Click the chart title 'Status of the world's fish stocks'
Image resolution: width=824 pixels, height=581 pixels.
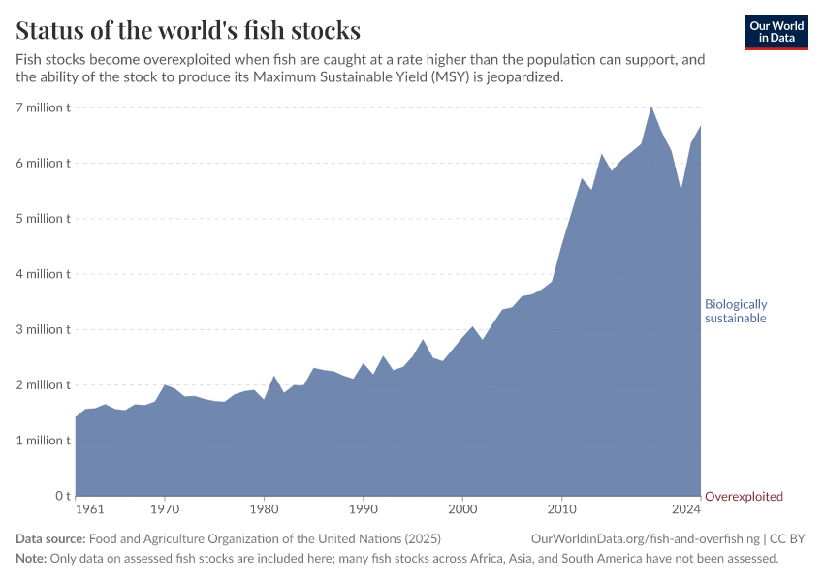(188, 29)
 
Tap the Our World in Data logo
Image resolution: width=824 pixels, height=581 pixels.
(776, 32)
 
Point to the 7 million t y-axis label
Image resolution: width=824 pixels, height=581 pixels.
(42, 107)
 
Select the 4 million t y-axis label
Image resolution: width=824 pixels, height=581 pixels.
(42, 274)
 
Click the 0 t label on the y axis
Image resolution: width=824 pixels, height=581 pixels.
(60, 496)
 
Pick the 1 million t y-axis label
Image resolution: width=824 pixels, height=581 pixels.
(42, 441)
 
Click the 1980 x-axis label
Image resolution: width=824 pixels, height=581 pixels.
(264, 508)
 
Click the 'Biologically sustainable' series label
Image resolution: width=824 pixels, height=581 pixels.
(736, 311)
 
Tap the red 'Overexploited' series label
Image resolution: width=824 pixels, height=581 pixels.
(744, 497)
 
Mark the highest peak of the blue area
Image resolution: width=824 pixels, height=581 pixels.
(650, 107)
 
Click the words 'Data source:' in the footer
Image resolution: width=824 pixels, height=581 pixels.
(49, 539)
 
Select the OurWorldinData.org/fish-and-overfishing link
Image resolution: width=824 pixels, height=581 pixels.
(645, 539)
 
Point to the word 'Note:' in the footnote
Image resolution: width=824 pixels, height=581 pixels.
(32, 559)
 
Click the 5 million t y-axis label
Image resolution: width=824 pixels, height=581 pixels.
(42, 219)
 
